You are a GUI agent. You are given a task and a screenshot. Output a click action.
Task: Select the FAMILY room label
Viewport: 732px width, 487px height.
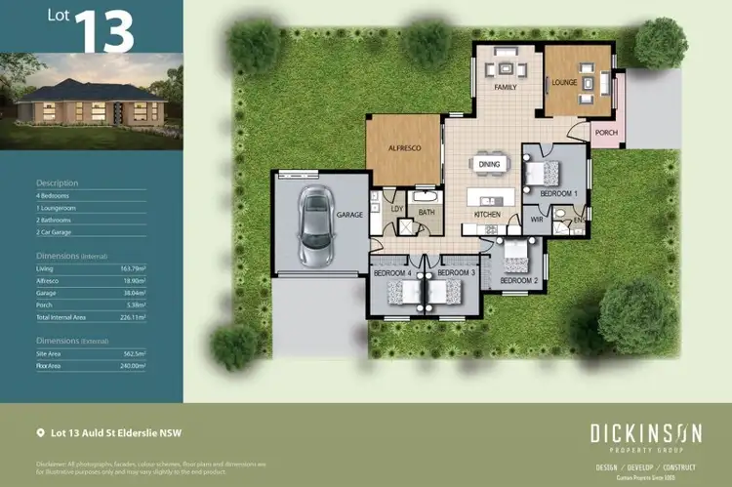pyautogui.click(x=505, y=88)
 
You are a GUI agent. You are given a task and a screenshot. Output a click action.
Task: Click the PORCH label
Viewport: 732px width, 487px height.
pyautogui.click(x=606, y=134)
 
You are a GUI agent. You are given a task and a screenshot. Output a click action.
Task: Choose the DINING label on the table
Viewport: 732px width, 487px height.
pyautogui.click(x=489, y=165)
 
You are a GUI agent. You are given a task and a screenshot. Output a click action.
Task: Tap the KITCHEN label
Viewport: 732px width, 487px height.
pyautogui.click(x=487, y=214)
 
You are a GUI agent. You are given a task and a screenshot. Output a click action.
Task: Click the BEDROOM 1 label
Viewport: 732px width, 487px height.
pyautogui.click(x=559, y=194)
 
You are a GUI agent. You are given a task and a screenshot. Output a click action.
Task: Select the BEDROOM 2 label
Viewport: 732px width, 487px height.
pyautogui.click(x=518, y=281)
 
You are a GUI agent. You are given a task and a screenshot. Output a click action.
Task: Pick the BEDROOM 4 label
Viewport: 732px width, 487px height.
pyautogui.click(x=393, y=273)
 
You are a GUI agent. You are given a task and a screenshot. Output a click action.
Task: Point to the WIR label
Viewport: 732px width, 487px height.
pyautogui.click(x=536, y=221)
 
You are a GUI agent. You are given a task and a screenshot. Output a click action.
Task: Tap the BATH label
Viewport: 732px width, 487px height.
pyautogui.click(x=427, y=211)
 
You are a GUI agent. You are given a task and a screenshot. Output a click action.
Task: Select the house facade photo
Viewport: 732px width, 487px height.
pyautogui.click(x=91, y=106)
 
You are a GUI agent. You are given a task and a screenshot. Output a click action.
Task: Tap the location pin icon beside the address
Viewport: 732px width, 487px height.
pyautogui.click(x=40, y=431)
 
